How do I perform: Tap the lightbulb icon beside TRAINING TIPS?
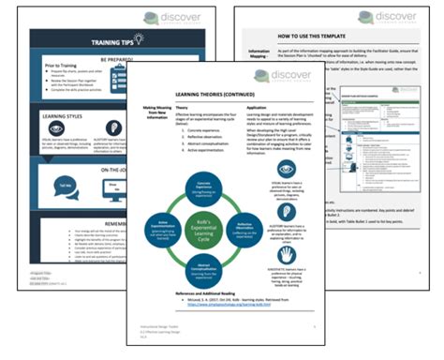[140, 39]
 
